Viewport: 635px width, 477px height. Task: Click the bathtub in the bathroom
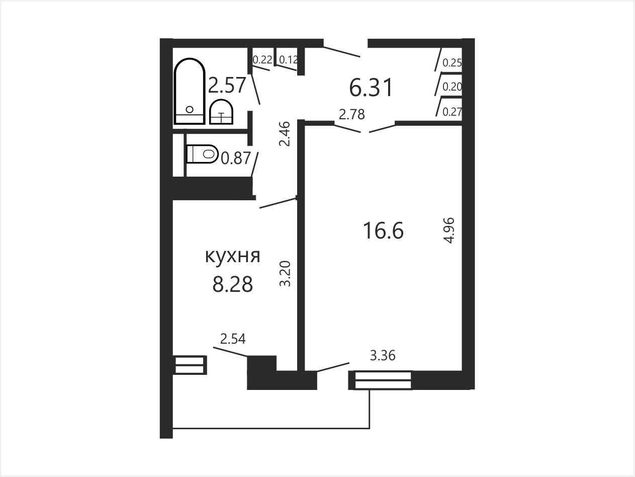190,91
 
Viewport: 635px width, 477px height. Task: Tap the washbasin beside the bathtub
221,112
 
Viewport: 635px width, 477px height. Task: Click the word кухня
233,256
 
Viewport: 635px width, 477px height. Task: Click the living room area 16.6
383,230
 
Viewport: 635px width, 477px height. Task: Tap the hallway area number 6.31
371,88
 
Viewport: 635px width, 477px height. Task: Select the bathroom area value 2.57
227,86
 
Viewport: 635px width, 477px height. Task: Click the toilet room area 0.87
235,158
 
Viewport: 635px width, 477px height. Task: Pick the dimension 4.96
450,230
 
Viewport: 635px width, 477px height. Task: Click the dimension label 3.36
383,355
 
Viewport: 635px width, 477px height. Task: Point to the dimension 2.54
233,339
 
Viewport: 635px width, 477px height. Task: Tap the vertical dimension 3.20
285,274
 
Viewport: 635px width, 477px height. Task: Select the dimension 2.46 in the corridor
285,134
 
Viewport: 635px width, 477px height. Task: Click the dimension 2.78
352,114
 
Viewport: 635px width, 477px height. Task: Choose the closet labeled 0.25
452,62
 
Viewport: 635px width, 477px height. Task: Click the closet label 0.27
452,112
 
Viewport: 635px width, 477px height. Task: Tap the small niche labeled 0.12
289,59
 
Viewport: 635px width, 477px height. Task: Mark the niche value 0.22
262,59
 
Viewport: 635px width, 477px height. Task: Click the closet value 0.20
452,87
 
